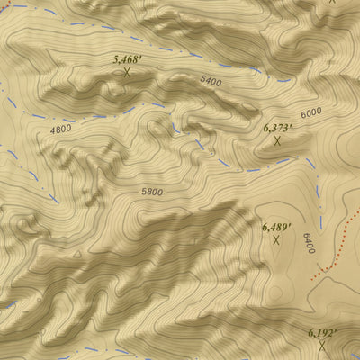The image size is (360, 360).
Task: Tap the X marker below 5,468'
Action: (x=128, y=71)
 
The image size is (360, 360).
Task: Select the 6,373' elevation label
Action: (x=277, y=128)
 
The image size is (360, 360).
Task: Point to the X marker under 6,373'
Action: (x=277, y=140)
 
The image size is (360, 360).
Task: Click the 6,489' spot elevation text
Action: (x=275, y=227)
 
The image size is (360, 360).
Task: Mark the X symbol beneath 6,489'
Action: (x=275, y=239)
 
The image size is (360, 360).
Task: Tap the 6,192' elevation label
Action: (x=321, y=333)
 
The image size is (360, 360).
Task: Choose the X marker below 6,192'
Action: (x=321, y=345)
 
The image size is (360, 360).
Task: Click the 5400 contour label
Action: (x=211, y=81)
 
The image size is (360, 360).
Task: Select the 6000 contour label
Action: (x=311, y=112)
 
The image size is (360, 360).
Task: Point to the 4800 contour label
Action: (x=60, y=130)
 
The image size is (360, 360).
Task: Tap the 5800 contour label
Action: (x=152, y=192)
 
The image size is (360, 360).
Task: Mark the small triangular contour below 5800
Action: (x=77, y=254)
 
